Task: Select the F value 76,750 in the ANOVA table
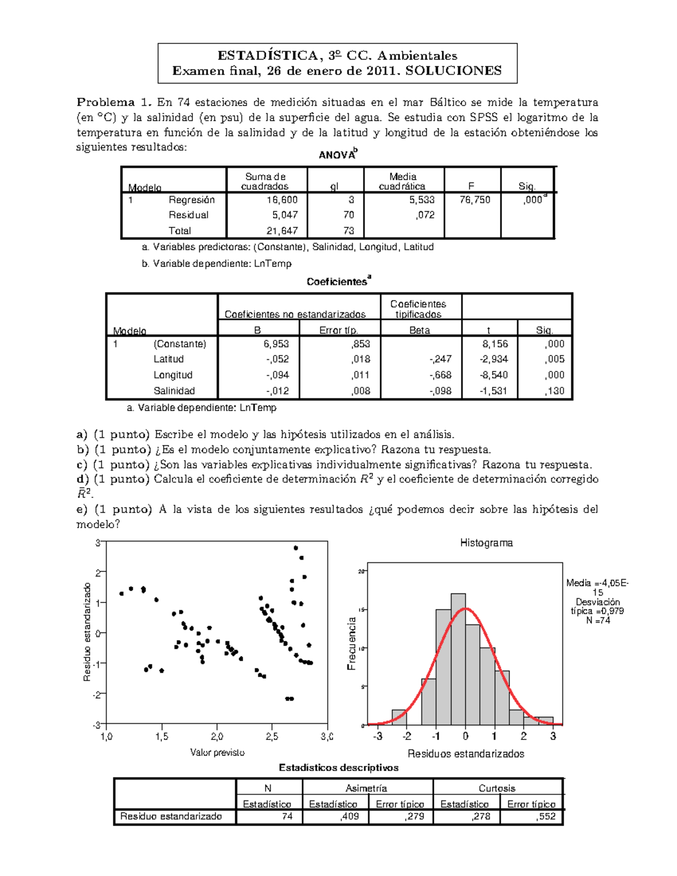[x=474, y=200]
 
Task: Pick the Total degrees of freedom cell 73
[x=349, y=231]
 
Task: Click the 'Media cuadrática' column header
[x=402, y=181]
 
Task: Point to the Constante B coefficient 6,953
[x=276, y=344]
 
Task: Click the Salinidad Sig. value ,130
[x=555, y=391]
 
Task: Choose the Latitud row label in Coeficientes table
[x=168, y=359]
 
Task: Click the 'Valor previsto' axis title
[x=217, y=752]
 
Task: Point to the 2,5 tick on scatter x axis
[x=272, y=737]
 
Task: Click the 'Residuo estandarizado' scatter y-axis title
[x=87, y=632]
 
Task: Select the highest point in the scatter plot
[x=296, y=548]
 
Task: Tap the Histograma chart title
[x=486, y=543]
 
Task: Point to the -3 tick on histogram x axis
[x=377, y=736]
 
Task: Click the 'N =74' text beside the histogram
[x=597, y=620]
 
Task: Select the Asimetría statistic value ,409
[x=349, y=816]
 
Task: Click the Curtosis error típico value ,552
[x=546, y=816]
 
